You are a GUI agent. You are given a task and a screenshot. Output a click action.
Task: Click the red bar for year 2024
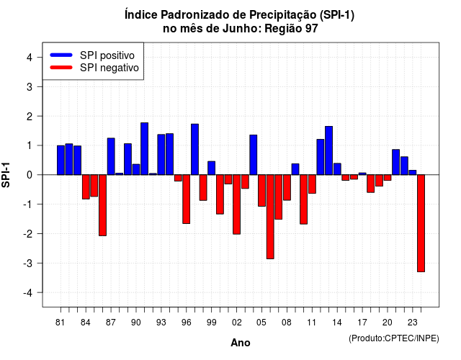pos(421,223)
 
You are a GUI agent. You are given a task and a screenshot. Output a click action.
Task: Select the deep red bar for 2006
pos(270,217)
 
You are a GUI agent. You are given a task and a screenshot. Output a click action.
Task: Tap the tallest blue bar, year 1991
pos(144,149)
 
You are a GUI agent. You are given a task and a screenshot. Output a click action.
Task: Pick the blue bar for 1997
pos(194,149)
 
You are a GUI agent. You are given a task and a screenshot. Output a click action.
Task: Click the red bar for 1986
pos(102,205)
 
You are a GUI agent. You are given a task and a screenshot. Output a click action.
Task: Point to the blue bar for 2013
pos(328,150)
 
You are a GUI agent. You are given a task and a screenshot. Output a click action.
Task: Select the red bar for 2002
pos(236,204)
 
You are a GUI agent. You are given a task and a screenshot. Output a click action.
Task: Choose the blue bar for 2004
pos(253,155)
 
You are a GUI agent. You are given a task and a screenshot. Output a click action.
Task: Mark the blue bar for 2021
pos(395,162)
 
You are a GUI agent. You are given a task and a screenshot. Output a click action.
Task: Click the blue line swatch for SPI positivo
pos(61,55)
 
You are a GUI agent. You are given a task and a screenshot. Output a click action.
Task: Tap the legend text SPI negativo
pos(109,68)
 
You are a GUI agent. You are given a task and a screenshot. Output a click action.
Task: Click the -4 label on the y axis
pos(28,293)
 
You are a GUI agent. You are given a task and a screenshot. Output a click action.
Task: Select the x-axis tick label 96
pos(186,323)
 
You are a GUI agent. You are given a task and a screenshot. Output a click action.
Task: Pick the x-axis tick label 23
pos(413,323)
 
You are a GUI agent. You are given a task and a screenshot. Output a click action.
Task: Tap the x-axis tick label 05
pos(261,323)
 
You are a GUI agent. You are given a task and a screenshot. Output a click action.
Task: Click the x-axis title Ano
pos(241,343)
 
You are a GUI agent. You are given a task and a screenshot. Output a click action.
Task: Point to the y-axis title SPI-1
pos(6,175)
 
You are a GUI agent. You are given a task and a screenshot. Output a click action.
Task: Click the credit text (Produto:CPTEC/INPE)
pos(394,338)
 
